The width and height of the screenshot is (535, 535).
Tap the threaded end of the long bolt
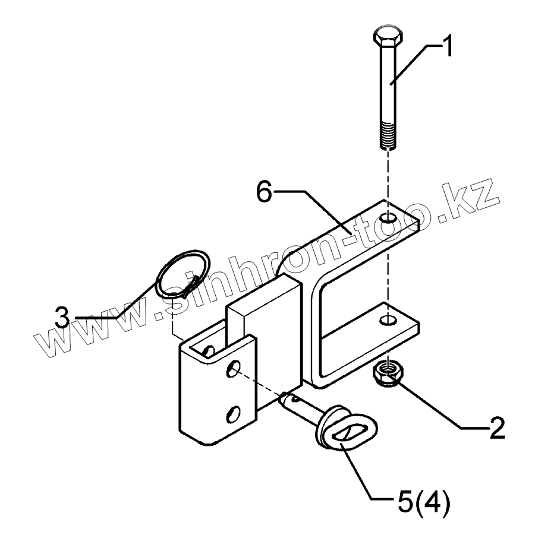tap(389, 136)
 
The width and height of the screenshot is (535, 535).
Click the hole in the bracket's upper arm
tap(388, 220)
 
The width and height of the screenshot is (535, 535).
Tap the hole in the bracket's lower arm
tap(388, 321)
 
